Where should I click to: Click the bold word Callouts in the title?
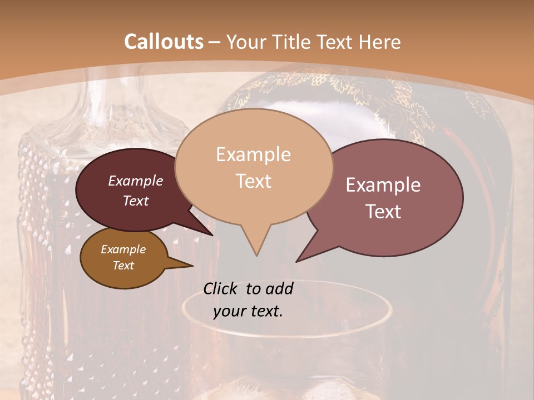tap(164, 42)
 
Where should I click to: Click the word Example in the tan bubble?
tap(253, 154)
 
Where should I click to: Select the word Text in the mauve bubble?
tap(384, 212)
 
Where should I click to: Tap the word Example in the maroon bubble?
tap(136, 181)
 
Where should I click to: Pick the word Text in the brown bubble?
tap(123, 266)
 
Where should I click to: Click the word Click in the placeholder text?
tap(220, 288)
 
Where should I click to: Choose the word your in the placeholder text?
tap(229, 312)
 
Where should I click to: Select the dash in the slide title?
tap(215, 42)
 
